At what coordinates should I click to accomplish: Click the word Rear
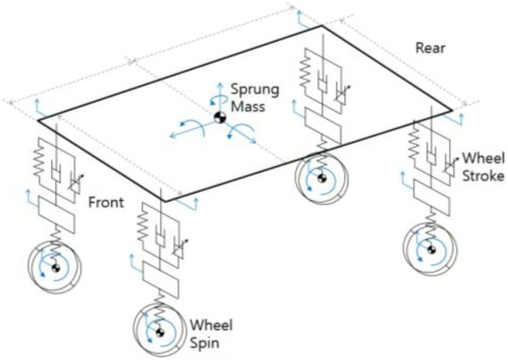430,48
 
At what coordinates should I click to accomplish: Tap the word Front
106,203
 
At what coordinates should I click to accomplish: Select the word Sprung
255,90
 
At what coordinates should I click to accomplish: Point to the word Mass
248,107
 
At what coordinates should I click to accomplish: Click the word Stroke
483,176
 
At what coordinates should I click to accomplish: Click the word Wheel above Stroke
483,159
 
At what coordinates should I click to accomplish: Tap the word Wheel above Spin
211,325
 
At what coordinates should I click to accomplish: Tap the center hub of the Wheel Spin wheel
160,332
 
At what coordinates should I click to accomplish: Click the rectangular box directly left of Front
57,214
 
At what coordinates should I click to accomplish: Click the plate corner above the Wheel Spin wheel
166,201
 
